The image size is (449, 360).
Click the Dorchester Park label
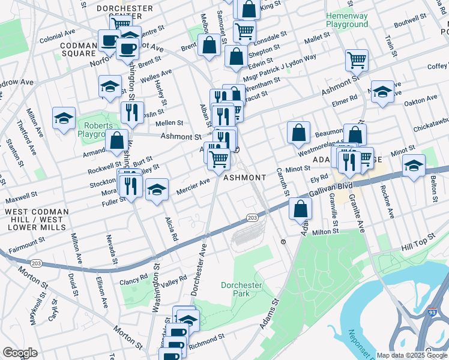pyautogui.click(x=242, y=290)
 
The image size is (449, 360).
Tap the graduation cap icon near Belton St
pyautogui.click(x=414, y=166)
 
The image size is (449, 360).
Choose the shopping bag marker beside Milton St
pyautogui.click(x=300, y=209)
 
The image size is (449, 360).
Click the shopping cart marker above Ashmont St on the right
pyautogui.click(x=357, y=60)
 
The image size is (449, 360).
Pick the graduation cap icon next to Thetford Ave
pyautogui.click(x=64, y=118)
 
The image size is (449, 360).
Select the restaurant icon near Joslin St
pyautogui.click(x=131, y=112)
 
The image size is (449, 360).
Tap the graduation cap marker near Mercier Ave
pyautogui.click(x=157, y=191)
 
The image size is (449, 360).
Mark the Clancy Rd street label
pyautogui.click(x=133, y=278)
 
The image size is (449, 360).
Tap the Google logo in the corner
pyautogui.click(x=20, y=353)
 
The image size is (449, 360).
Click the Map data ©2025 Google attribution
pyautogui.click(x=412, y=355)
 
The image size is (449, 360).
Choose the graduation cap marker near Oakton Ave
pyautogui.click(x=382, y=92)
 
